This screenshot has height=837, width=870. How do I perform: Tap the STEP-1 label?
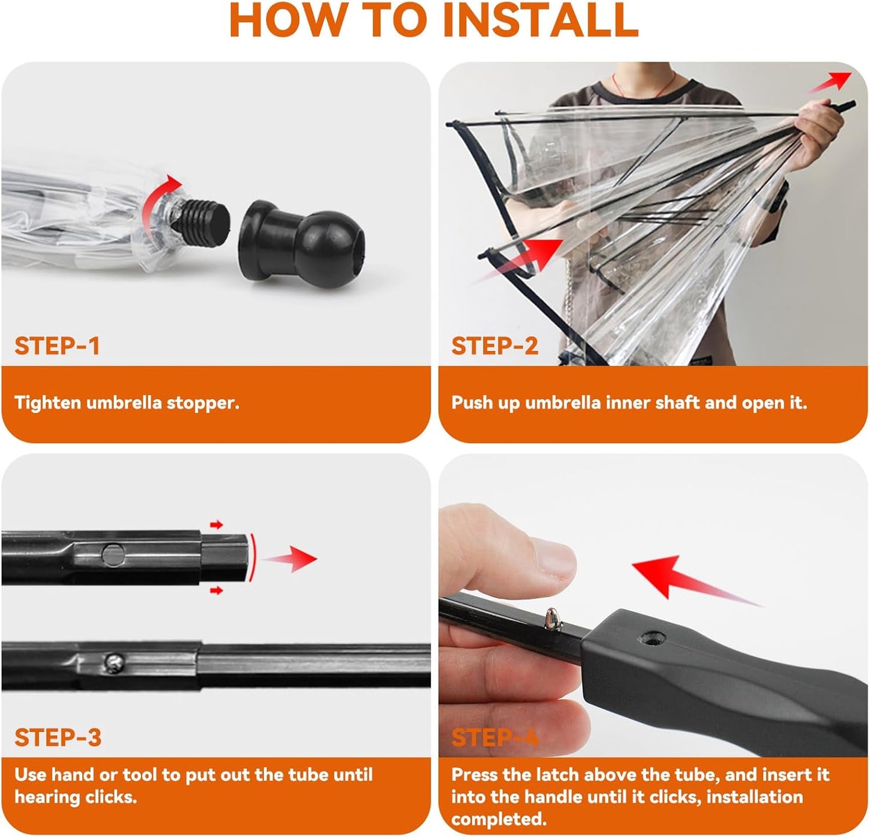pos(57,346)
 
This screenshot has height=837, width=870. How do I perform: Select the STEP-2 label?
pos(495,346)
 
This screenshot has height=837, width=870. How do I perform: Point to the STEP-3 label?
pos(58,737)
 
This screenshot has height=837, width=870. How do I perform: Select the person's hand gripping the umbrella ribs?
pos(816,134)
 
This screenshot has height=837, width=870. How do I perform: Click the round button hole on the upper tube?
pos(113,555)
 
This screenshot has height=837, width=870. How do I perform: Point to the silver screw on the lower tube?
pos(114,663)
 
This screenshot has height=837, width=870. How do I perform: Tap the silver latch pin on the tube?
pos(553,619)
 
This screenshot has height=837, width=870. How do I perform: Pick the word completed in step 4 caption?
pos(499,819)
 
